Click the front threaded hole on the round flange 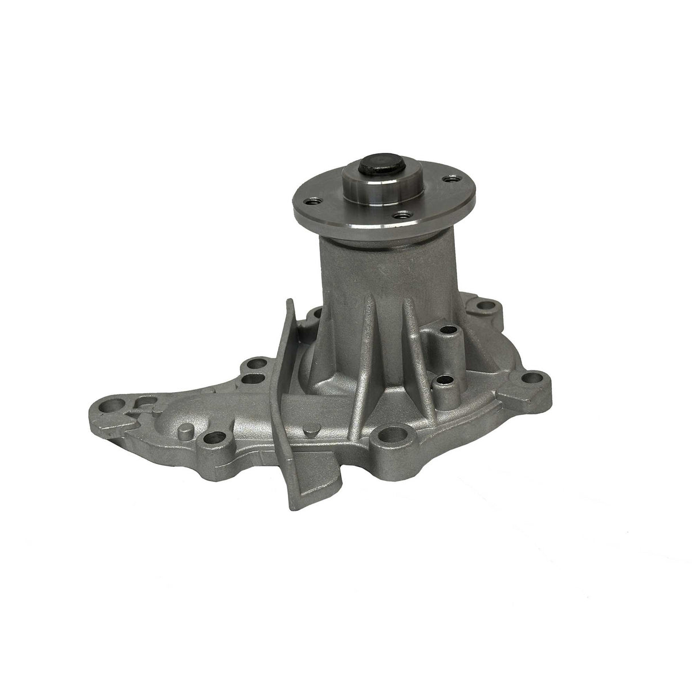404,215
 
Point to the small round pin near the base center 311,432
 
